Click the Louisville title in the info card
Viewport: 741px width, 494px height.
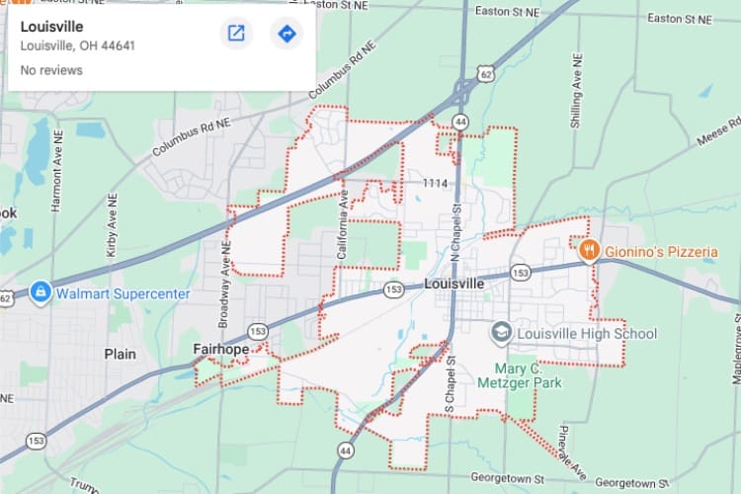pyautogui.click(x=51, y=27)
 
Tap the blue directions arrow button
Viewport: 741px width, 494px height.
pyautogui.click(x=287, y=34)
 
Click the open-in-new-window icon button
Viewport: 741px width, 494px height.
pyautogui.click(x=236, y=34)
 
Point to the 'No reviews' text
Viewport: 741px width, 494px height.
pyautogui.click(x=51, y=70)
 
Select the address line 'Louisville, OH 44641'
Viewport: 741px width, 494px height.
pyautogui.click(x=77, y=45)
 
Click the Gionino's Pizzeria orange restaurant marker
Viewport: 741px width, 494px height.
pyautogui.click(x=589, y=251)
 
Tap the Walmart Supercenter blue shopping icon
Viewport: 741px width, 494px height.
pyautogui.click(x=41, y=292)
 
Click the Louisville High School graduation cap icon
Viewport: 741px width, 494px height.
pyautogui.click(x=502, y=333)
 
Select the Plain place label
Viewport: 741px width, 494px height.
pyautogui.click(x=121, y=353)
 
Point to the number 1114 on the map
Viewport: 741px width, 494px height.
pyautogui.click(x=434, y=184)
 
